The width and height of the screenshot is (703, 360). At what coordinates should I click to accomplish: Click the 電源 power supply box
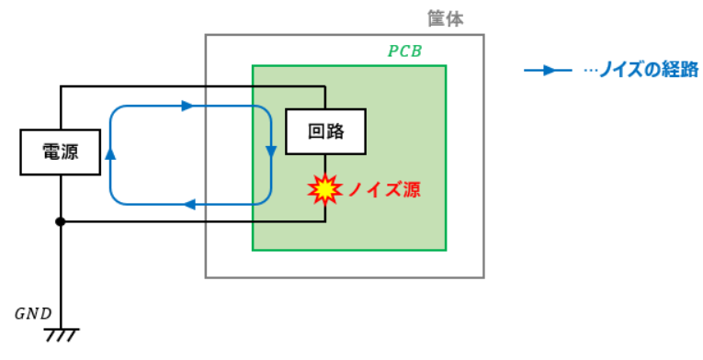point(60,152)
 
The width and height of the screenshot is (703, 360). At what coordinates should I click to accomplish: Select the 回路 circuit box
point(326,131)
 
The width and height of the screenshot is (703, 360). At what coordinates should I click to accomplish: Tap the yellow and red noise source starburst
point(325,189)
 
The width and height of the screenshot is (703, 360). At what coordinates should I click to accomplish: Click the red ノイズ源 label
point(385,190)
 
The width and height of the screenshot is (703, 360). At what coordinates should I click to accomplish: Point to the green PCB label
point(404,51)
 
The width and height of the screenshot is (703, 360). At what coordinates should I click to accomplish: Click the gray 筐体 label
point(445,19)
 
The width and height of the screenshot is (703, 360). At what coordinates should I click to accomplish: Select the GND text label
point(33,314)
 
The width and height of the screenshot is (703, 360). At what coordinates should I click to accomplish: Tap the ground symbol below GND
point(61,335)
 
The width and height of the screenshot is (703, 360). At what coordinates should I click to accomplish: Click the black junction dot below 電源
point(60,221)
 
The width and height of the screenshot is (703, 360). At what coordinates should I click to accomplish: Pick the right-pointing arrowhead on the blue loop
point(187,106)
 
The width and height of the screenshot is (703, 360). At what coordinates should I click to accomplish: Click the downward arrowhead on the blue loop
point(271,152)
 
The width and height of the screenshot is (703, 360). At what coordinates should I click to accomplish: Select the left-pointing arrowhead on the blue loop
point(190,205)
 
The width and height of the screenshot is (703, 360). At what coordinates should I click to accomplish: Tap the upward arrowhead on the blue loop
point(110,153)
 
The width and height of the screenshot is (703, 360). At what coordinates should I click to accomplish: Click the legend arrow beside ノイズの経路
point(548,71)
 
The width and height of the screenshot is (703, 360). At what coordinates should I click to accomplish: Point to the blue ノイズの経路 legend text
point(649,70)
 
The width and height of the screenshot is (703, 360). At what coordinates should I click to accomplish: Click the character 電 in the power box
point(51,152)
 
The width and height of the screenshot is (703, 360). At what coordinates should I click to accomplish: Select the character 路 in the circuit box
point(335,131)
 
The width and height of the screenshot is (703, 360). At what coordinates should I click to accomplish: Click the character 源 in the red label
point(412,190)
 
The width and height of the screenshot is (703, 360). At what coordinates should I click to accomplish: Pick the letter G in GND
point(20,314)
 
